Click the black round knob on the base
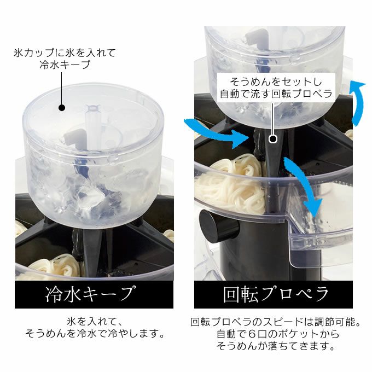(219, 227)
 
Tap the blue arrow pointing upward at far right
(358, 102)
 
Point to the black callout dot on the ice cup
(62, 108)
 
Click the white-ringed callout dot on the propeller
(274, 139)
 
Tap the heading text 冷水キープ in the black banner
(91, 294)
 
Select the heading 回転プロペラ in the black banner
(276, 294)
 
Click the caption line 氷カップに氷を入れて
(65, 53)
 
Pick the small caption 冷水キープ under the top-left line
(65, 65)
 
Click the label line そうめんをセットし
(276, 82)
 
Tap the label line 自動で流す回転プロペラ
(276, 94)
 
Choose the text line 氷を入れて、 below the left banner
(95, 322)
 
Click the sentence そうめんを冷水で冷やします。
(95, 334)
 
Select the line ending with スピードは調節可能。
(276, 322)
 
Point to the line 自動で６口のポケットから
(278, 334)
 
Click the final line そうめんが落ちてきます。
(276, 346)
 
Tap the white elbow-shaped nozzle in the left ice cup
(74, 138)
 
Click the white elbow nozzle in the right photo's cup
(256, 38)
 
